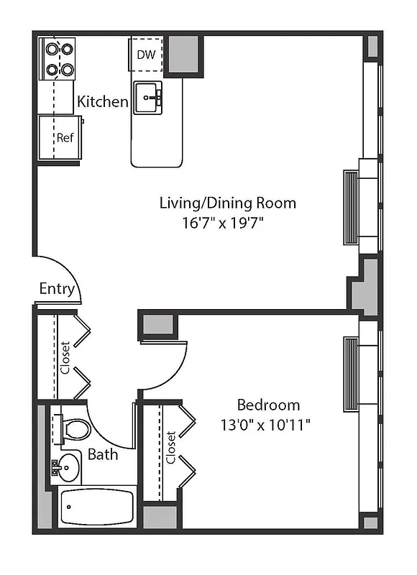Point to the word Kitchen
(102, 101)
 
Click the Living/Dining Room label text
(227, 203)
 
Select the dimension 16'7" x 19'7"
(224, 222)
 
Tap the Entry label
(57, 289)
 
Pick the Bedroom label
(268, 405)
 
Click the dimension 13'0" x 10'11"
(265, 424)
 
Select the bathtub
(97, 507)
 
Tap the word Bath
(103, 454)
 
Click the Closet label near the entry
(65, 357)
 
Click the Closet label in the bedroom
(171, 448)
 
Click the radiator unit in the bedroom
(351, 374)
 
